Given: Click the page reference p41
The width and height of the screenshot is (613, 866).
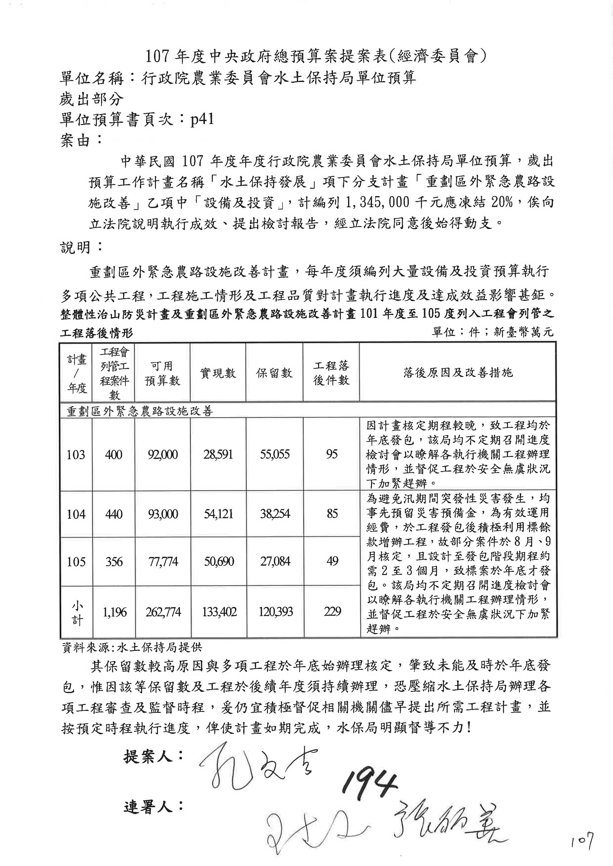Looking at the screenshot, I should click(202, 119).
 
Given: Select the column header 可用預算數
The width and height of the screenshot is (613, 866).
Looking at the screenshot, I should click(162, 373).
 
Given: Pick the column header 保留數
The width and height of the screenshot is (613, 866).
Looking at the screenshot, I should click(274, 373).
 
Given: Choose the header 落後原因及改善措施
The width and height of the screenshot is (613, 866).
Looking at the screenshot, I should click(458, 373).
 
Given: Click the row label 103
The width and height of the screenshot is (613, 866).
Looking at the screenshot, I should click(76, 454).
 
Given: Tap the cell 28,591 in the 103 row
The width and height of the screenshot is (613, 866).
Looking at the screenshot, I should click(218, 454).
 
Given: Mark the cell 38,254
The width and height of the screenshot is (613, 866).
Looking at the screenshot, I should click(275, 514).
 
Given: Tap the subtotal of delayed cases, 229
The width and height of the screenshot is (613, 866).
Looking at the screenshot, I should click(332, 611).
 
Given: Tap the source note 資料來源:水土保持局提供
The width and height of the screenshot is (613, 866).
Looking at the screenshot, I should click(132, 648).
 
